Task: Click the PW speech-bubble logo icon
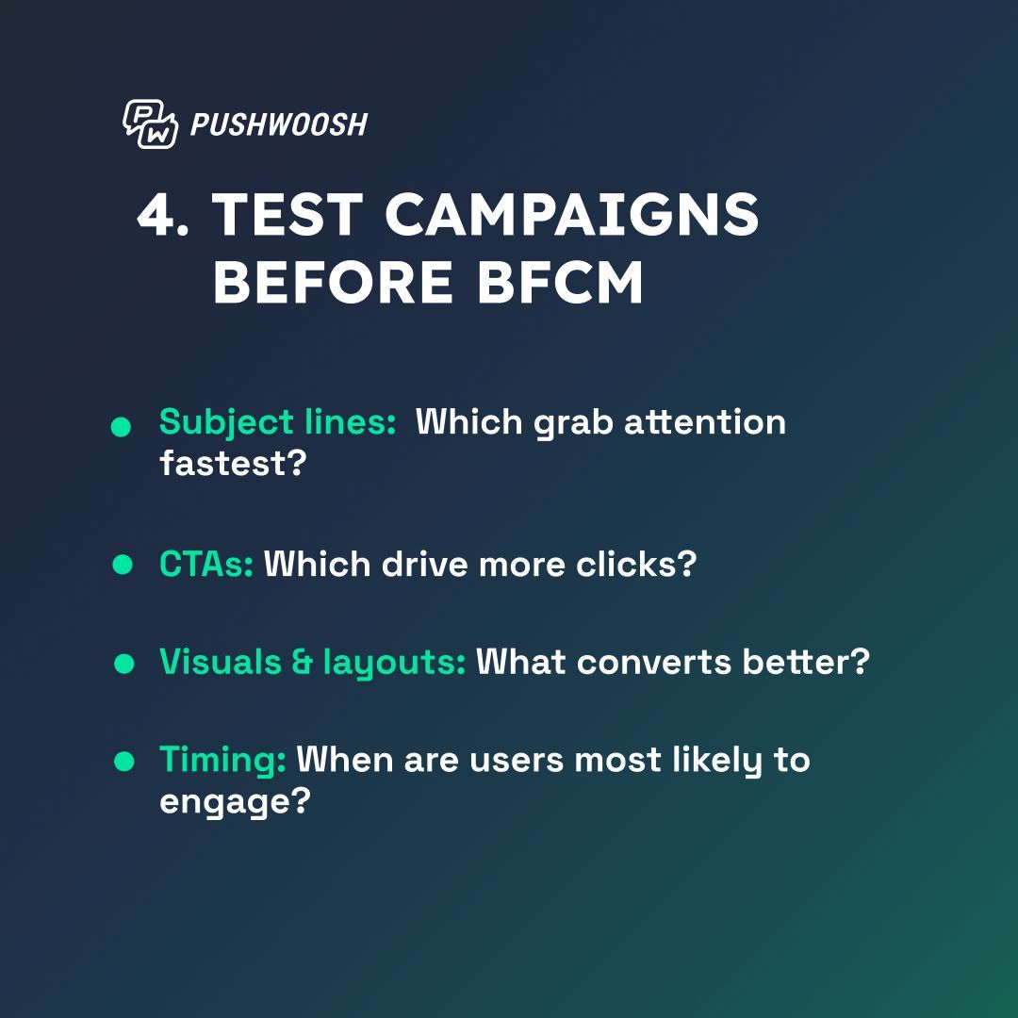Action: coord(149,123)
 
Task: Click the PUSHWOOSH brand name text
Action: coord(278,124)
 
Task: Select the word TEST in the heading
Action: coord(287,216)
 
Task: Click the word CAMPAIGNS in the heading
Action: coord(571,216)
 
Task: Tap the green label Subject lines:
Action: coord(277,422)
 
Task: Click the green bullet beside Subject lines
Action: coord(121,428)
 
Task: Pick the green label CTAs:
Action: coord(205,565)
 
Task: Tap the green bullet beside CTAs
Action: coord(122,565)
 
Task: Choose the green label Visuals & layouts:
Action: coord(312,663)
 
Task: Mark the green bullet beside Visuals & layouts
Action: coord(123,664)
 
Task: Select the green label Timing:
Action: coord(222,760)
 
